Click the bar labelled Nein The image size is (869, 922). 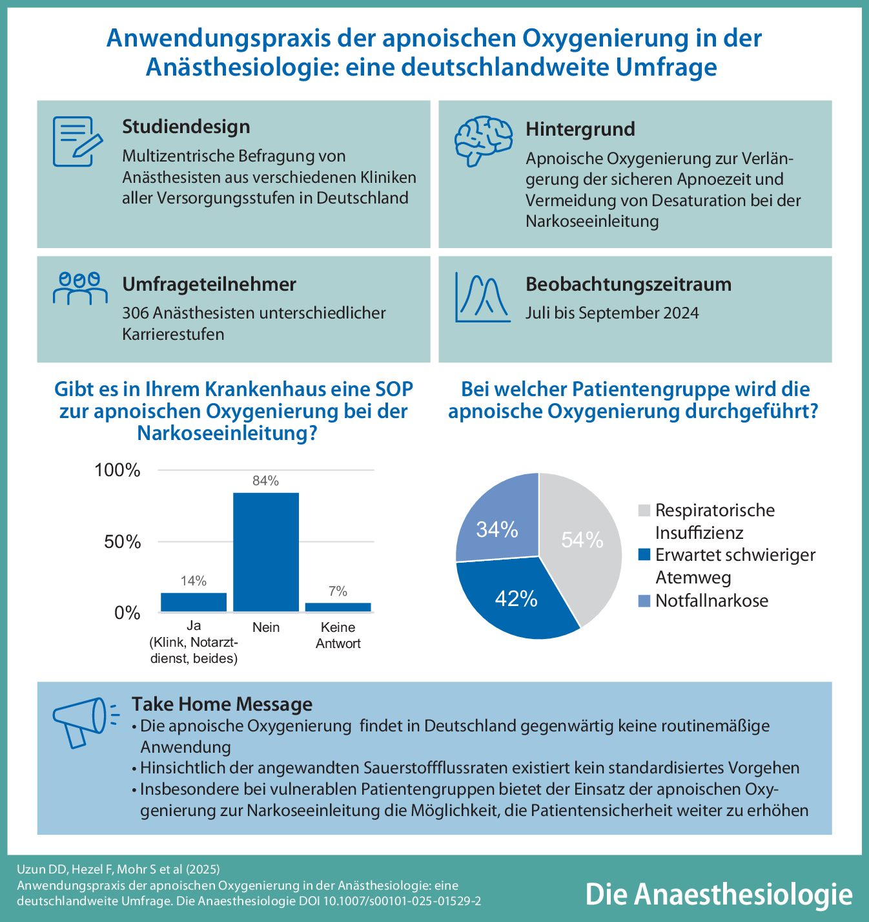[x=266, y=552]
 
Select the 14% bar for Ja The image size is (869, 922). [x=194, y=602]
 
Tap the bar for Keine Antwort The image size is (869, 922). [x=338, y=607]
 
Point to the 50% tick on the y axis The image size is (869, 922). [x=123, y=541]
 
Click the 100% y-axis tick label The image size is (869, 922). [x=118, y=470]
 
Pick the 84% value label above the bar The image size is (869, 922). [x=266, y=481]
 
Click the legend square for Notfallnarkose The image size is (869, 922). [x=644, y=601]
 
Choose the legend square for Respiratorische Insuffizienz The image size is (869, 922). [x=644, y=510]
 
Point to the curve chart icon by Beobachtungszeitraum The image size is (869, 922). [x=482, y=297]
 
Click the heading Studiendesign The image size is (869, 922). [x=186, y=127]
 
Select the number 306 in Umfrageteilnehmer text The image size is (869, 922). [x=136, y=313]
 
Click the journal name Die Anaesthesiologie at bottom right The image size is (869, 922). [x=719, y=894]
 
